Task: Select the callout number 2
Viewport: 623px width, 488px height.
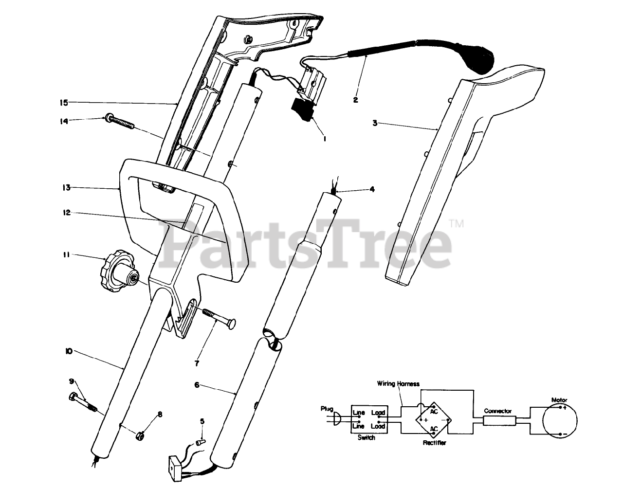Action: (355, 100)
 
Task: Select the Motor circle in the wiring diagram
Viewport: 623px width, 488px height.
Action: (559, 420)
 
